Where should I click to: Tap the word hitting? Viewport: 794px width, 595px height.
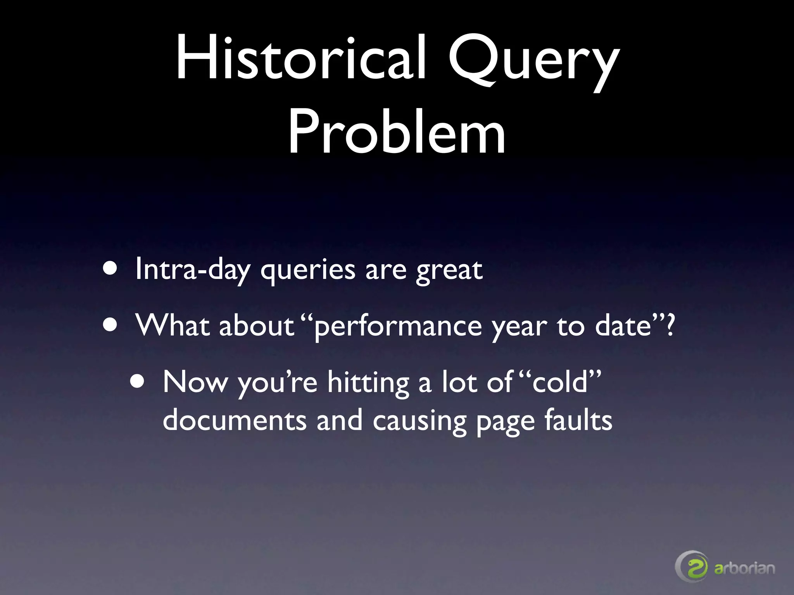(x=368, y=383)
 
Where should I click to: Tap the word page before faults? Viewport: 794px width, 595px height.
(x=506, y=422)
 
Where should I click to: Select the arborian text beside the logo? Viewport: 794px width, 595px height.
(x=745, y=568)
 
